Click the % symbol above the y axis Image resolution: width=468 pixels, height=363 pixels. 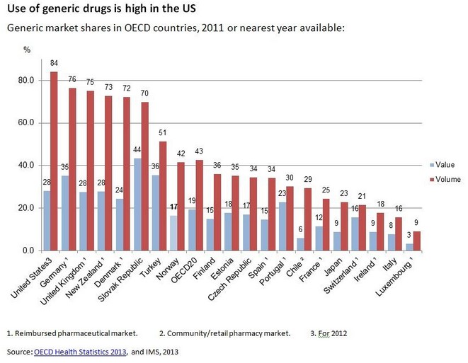(x=27, y=50)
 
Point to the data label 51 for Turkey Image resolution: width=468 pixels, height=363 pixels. (x=163, y=133)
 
